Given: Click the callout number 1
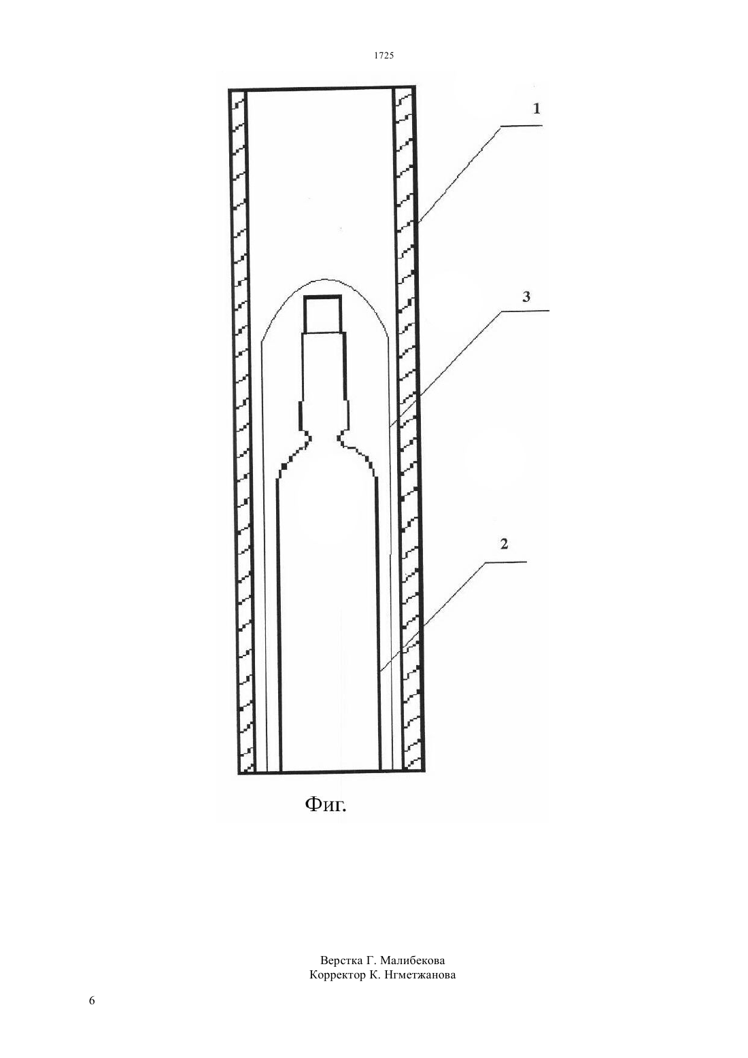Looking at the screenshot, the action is (x=536, y=109).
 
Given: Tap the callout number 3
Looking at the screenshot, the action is (x=526, y=296).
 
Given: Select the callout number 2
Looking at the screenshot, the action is (x=504, y=544).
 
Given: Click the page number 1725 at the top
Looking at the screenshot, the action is (x=384, y=56).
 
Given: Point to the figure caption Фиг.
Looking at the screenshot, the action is (x=326, y=804).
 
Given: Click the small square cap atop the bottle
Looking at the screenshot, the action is (x=322, y=314).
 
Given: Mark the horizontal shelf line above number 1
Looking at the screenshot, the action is (x=521, y=126).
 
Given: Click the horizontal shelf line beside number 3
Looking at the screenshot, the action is (x=525, y=311).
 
